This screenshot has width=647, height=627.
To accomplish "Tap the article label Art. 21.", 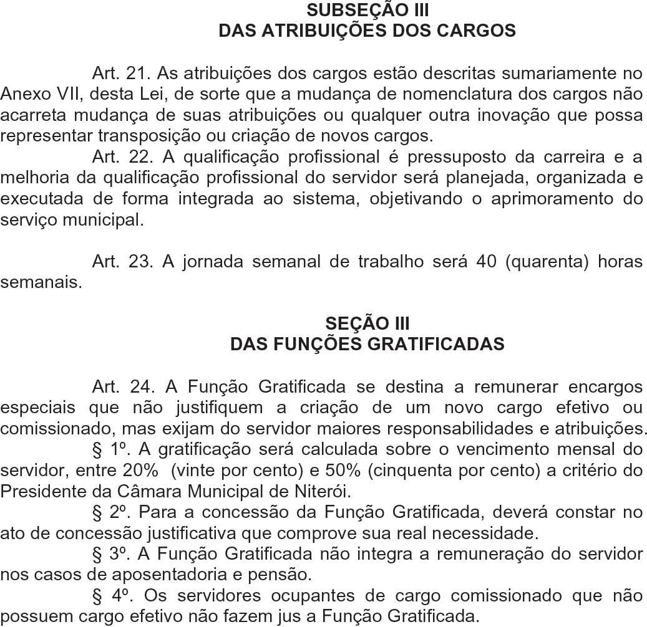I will tap(122, 74).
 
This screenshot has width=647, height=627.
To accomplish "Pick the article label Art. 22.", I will tap(122, 156).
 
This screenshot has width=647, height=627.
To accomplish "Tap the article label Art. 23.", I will tap(122, 261).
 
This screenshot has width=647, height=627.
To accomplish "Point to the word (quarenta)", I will tap(546, 261).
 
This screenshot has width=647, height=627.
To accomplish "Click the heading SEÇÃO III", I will tap(367, 323).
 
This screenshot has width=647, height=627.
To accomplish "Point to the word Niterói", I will tap(321, 491).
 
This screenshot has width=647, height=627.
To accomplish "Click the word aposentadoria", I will tap(113, 575).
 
